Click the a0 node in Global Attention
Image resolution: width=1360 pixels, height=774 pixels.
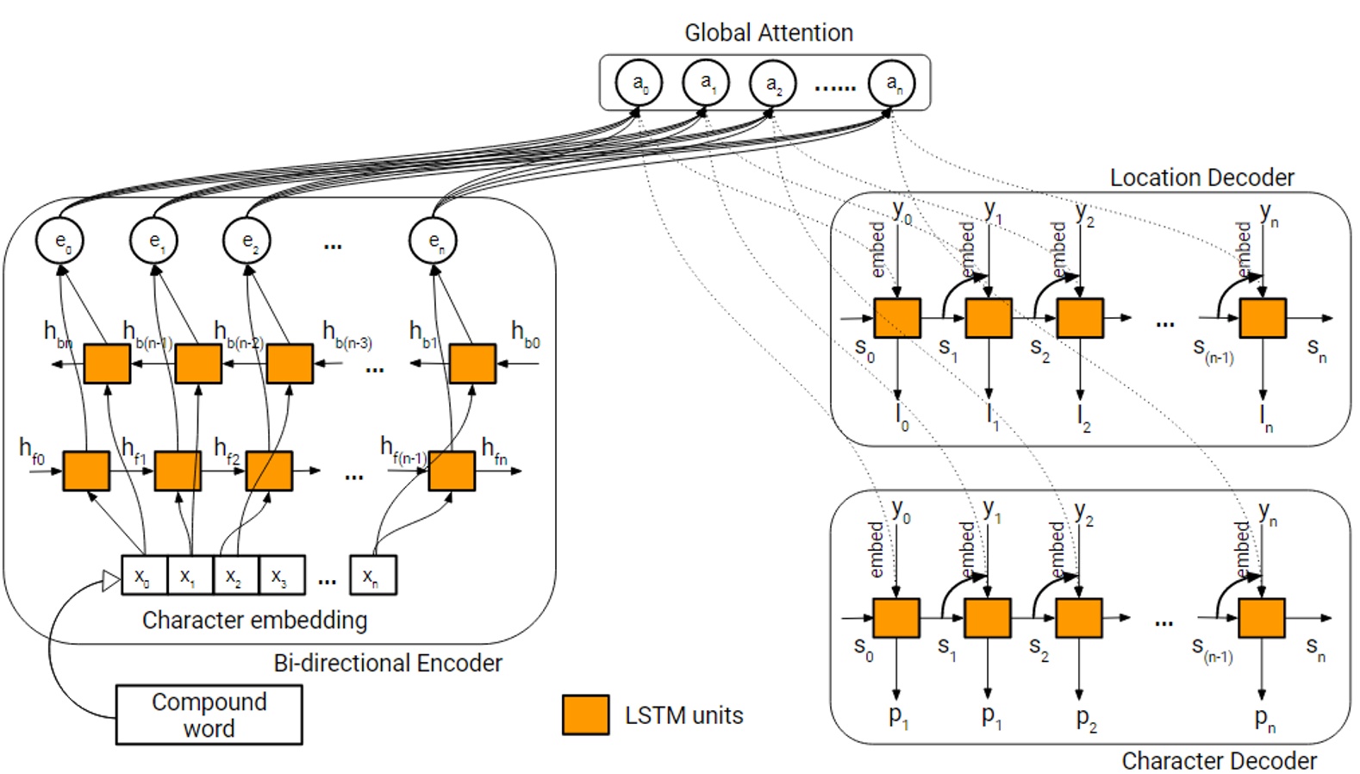(x=639, y=84)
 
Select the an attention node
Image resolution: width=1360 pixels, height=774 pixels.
(x=891, y=84)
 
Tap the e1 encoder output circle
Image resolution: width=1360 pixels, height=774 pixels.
(x=153, y=240)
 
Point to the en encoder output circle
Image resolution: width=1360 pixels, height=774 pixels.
(x=433, y=240)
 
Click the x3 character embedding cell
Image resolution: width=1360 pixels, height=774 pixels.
(x=281, y=576)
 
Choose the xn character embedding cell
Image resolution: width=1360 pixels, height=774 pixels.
(x=372, y=576)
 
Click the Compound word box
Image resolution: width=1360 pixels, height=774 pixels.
(x=209, y=715)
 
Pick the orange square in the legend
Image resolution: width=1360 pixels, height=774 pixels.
(x=585, y=715)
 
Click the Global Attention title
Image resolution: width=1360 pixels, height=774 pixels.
(x=768, y=33)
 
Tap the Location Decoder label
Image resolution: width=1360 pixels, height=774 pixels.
(x=1201, y=178)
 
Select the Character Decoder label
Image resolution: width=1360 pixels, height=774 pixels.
(x=1218, y=760)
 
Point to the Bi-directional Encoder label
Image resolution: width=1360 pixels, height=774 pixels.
(x=387, y=663)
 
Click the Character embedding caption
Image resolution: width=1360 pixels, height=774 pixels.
(x=254, y=620)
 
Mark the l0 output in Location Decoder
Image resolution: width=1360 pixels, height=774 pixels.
(x=900, y=417)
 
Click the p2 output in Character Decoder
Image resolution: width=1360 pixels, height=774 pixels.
(x=1085, y=718)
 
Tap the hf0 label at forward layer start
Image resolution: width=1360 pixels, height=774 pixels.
(x=32, y=449)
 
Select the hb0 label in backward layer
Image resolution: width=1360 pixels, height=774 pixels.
(x=525, y=333)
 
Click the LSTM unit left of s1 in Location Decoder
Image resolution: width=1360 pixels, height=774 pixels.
(x=897, y=318)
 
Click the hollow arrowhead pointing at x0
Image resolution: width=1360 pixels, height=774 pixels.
(x=111, y=581)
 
